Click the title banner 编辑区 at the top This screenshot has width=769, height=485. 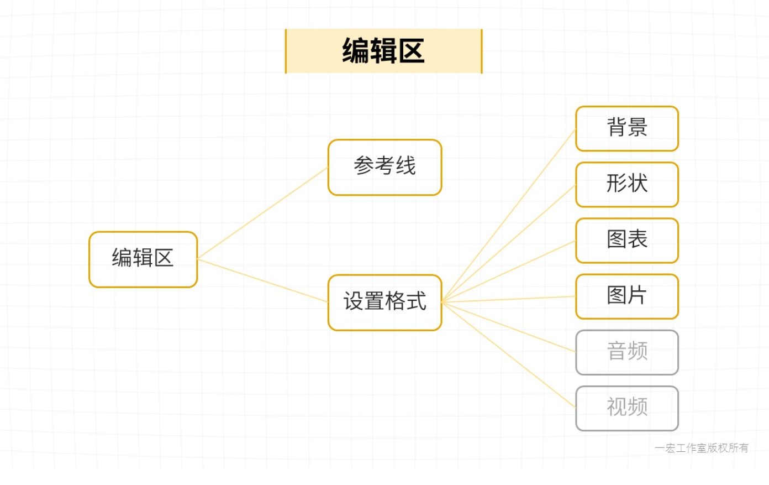[383, 51]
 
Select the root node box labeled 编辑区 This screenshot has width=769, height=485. [143, 259]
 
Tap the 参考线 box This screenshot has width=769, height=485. [384, 167]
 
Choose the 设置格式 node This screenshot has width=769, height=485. [384, 303]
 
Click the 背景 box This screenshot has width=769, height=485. [626, 128]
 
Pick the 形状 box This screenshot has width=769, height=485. [626, 184]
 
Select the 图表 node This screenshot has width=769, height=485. [626, 240]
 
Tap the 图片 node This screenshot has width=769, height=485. [626, 296]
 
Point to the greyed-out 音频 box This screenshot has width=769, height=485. [626, 352]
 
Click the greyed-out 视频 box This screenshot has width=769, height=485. [626, 408]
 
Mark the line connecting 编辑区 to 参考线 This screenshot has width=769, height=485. [263, 213]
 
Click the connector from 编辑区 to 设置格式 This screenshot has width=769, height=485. [263, 280]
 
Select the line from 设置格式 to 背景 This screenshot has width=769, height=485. [508, 216]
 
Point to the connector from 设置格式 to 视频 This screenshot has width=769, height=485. [508, 355]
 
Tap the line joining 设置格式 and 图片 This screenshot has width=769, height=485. [508, 300]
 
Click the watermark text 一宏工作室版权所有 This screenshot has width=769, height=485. [701, 448]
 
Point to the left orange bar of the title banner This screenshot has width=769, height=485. [286, 51]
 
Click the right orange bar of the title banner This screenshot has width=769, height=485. [482, 51]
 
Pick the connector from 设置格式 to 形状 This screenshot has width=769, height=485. [508, 244]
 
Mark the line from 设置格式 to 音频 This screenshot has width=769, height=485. [508, 327]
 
